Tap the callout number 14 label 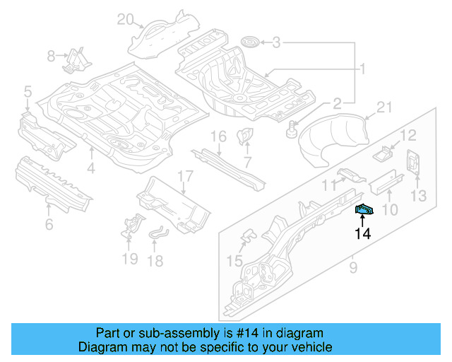(x=363, y=233)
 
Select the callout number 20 (x=125, y=19)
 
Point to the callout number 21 (x=383, y=107)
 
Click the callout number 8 (x=51, y=55)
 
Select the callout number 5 (x=28, y=91)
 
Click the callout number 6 (x=49, y=225)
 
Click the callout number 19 (x=129, y=259)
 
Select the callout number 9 (x=354, y=267)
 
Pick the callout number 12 (x=409, y=136)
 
